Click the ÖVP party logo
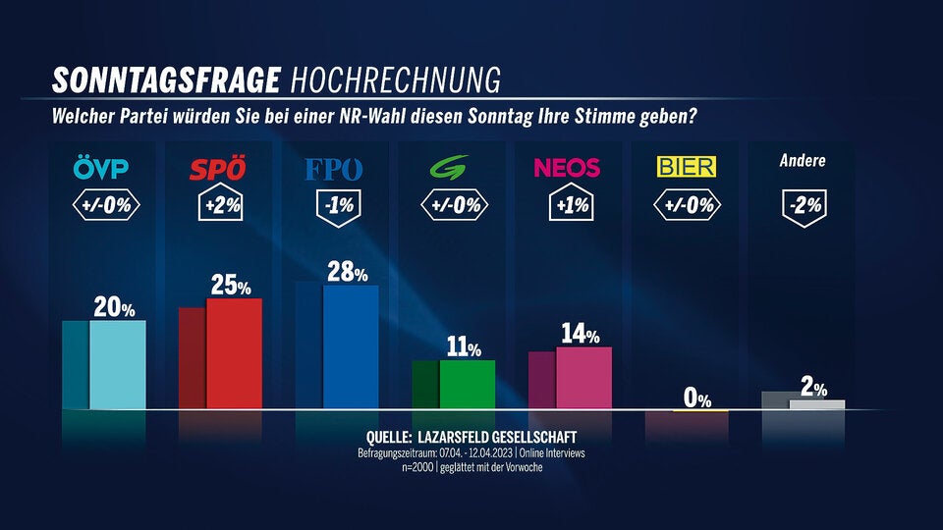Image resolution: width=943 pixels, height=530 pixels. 101,169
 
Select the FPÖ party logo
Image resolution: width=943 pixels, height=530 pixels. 334,169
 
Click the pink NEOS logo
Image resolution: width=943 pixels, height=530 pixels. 567,168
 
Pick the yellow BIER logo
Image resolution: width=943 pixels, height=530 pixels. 686,167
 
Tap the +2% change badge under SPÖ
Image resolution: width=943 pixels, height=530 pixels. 217,206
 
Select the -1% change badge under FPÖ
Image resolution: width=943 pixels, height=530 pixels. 334,206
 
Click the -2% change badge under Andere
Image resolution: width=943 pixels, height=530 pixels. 804,206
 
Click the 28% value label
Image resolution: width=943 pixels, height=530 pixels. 347,272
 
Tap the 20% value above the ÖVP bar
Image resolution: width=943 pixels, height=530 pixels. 114,308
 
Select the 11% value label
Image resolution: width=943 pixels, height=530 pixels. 464,347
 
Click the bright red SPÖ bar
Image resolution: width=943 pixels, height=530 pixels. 234,353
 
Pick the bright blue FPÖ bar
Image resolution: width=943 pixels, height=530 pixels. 351,346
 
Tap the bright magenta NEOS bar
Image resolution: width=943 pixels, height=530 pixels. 583,378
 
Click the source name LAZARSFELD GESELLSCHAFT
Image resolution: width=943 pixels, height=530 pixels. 496,437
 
